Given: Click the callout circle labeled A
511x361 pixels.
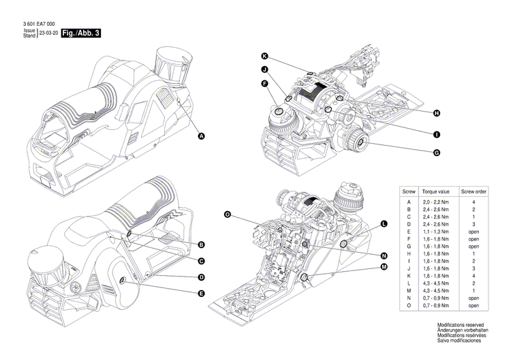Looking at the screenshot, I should click(x=201, y=136).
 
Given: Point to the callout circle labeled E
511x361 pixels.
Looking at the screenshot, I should click(x=202, y=294).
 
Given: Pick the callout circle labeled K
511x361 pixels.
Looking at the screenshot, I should click(x=264, y=55).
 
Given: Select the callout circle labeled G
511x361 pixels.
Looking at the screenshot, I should click(x=435, y=153).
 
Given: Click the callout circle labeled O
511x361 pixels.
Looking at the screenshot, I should click(x=228, y=215).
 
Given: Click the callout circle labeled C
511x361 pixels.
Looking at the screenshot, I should click(x=202, y=261).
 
